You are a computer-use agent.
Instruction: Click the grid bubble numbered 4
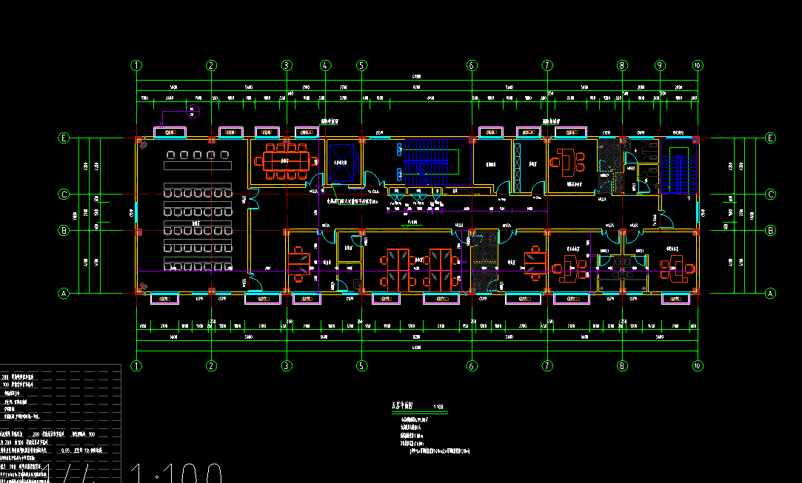coord(324,65)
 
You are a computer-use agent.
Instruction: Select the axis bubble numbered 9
coord(660,65)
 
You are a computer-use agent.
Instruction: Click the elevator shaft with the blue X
coord(341,161)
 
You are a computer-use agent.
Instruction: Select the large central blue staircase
coord(425,161)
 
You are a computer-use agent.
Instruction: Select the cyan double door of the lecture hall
coord(252,197)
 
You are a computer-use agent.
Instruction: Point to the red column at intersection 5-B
coord(361,232)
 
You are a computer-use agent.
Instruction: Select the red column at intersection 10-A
coord(697,294)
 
